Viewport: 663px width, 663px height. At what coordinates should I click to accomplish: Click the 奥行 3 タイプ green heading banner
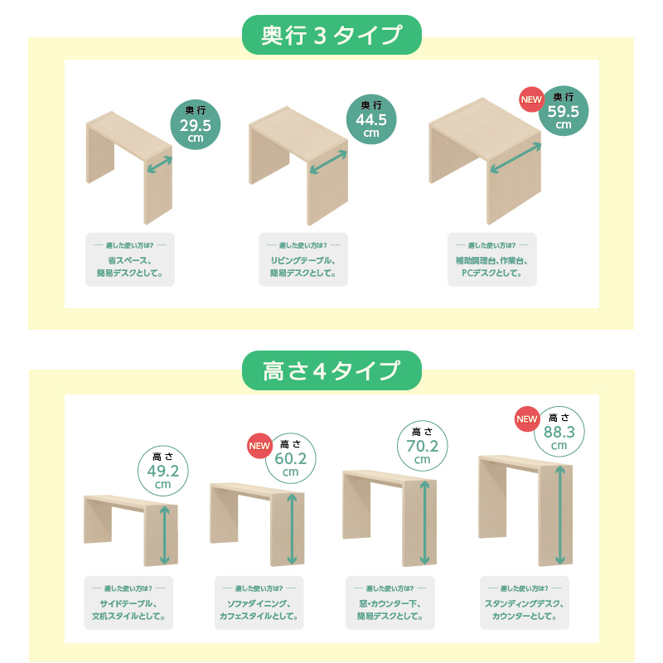(x=331, y=35)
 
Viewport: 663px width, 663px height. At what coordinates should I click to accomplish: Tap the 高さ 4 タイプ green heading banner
(x=331, y=370)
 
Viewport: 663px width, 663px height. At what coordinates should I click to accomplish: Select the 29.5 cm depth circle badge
(x=196, y=124)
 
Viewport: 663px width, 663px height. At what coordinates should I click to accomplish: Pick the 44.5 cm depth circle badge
(x=371, y=119)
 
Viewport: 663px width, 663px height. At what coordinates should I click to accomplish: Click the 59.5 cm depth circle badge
(x=564, y=111)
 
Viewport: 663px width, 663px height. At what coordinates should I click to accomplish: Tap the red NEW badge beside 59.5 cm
(x=531, y=99)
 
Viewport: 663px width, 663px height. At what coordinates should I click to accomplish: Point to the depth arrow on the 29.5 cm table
(x=159, y=164)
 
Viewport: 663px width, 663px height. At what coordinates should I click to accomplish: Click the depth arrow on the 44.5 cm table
(x=328, y=162)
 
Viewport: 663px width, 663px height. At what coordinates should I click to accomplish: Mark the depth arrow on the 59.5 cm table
(x=515, y=157)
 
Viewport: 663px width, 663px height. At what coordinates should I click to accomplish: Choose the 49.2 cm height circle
(x=162, y=471)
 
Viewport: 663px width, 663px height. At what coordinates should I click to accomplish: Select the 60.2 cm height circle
(x=291, y=458)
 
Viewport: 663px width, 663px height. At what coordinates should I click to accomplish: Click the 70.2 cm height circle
(x=423, y=446)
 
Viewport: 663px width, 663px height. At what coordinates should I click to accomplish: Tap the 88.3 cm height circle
(x=559, y=432)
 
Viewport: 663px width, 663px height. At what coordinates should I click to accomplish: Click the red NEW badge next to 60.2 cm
(x=259, y=446)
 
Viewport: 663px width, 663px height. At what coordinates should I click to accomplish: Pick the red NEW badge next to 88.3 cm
(x=527, y=419)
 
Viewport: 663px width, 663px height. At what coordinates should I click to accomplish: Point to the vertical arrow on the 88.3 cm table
(x=560, y=515)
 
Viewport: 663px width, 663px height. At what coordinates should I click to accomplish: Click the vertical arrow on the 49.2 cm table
(x=164, y=535)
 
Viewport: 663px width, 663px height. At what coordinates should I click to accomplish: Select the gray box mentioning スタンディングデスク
(x=525, y=603)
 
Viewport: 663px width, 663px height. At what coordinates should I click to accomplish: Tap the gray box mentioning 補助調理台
(x=492, y=259)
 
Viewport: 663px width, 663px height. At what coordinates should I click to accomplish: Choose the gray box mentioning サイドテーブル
(x=128, y=603)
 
